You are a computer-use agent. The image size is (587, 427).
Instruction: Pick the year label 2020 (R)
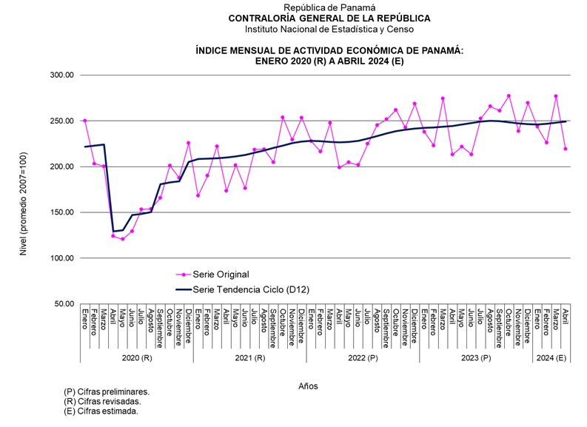pos(137,357)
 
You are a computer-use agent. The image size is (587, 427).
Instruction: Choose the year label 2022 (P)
pos(363,357)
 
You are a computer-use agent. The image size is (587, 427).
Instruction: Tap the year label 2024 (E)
pos(551,357)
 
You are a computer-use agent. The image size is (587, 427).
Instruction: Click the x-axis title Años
pos(309,386)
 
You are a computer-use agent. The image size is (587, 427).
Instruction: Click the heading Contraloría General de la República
pos(329,18)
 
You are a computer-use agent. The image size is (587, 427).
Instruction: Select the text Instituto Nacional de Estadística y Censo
pos(329,29)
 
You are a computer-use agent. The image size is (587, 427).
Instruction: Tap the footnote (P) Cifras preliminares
pos(107,392)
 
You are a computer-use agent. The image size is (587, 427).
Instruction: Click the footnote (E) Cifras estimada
pos(101,411)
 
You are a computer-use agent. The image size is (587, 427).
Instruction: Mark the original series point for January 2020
pos(85,120)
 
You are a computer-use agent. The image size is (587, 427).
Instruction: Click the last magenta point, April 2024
pos(566,149)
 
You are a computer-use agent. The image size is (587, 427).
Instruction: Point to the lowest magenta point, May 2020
pos(123,239)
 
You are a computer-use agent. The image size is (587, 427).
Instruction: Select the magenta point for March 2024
pos(556,96)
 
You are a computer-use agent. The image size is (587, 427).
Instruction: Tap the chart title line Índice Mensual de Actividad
pos(329,50)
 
